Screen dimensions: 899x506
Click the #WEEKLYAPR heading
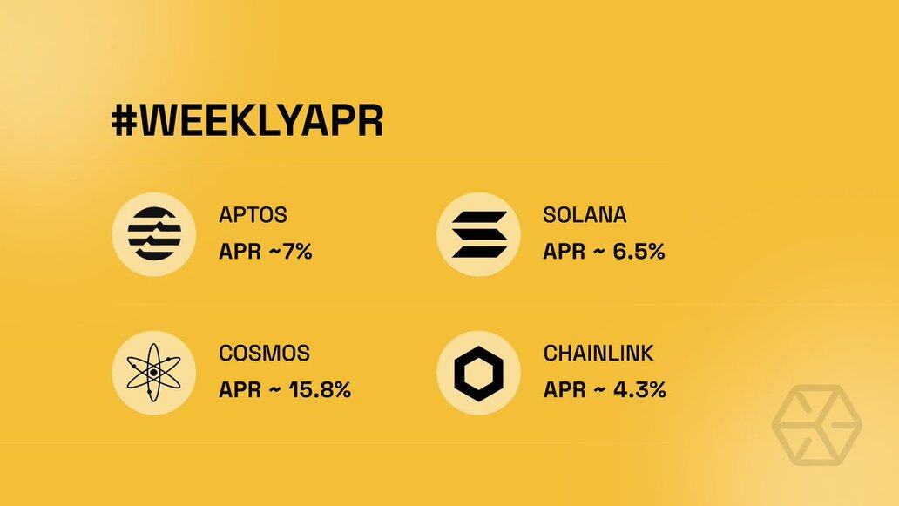[x=247, y=121]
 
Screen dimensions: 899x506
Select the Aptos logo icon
[x=153, y=234]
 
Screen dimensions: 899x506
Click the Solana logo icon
[x=479, y=234]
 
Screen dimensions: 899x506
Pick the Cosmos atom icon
[x=153, y=373]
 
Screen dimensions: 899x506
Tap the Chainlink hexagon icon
[x=479, y=373]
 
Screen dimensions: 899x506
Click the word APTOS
[x=253, y=215]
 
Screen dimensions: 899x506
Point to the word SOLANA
[x=585, y=215]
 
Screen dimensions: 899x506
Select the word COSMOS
[x=264, y=353]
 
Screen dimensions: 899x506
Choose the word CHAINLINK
[x=598, y=353]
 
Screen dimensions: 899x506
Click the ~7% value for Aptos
[x=290, y=251]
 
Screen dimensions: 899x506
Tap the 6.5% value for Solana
[x=639, y=251]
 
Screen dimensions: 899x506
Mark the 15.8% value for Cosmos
[x=320, y=389]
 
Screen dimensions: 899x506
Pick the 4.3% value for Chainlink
[x=640, y=389]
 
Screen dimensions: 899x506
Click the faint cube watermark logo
[x=816, y=425]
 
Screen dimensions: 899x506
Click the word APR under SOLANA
[x=564, y=251]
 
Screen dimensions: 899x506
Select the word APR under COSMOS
[x=240, y=389]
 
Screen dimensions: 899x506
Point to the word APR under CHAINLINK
[x=564, y=389]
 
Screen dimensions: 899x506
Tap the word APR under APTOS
[x=240, y=251]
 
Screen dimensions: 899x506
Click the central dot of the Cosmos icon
[x=153, y=373]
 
